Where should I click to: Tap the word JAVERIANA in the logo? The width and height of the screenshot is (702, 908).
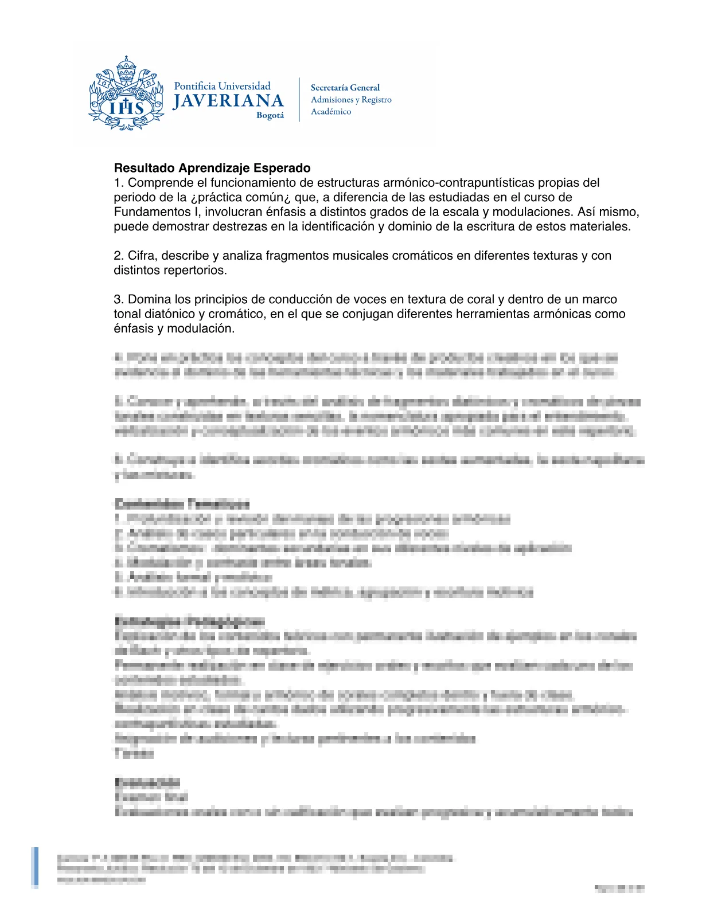[228, 101]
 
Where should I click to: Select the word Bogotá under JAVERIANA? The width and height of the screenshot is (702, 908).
[270, 115]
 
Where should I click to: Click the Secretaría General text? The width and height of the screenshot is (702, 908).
[345, 88]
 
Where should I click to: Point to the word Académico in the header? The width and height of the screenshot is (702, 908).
[331, 112]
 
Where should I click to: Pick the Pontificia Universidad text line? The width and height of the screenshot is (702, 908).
[222, 86]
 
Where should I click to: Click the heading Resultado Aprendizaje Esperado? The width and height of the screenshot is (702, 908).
[212, 168]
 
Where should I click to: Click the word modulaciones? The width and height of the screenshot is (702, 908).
[533, 212]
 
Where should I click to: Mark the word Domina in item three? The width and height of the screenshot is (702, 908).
[147, 299]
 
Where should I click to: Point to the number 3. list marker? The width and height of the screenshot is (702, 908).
[118, 299]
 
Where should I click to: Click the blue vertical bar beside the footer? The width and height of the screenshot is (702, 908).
[36, 867]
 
